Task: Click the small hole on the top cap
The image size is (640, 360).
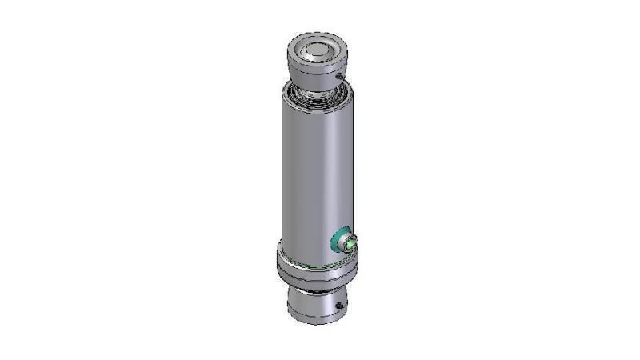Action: pyautogui.click(x=340, y=76)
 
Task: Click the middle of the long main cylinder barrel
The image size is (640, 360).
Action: pyautogui.click(x=316, y=172)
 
